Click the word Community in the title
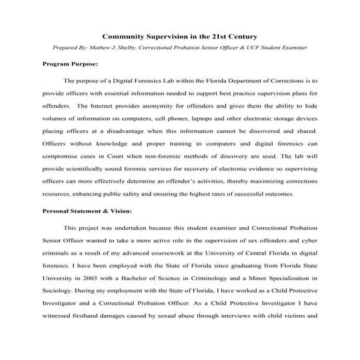126,35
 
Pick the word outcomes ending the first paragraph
274,194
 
